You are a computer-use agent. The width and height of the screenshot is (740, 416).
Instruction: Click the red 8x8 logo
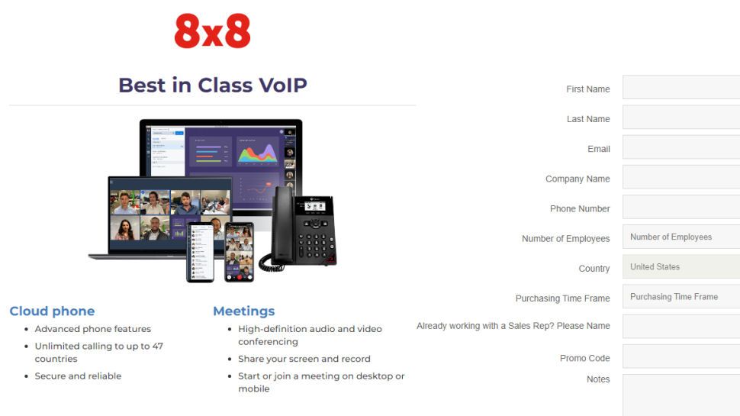[212, 32]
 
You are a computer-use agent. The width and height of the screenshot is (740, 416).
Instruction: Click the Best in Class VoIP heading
[212, 85]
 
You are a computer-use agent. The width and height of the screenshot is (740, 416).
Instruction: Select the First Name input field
[680, 88]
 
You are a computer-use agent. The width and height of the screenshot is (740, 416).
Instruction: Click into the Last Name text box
[680, 118]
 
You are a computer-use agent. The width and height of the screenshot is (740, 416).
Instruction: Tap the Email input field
[680, 147]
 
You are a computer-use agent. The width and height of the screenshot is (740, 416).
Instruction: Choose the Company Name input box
[680, 177]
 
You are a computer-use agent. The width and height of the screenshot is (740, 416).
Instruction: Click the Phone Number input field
[680, 207]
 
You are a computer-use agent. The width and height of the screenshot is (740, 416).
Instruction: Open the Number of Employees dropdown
[680, 237]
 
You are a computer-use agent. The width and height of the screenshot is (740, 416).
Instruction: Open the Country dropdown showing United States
[680, 266]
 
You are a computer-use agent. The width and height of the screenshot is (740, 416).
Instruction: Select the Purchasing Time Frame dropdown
[680, 296]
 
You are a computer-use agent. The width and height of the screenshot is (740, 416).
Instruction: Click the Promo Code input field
[680, 356]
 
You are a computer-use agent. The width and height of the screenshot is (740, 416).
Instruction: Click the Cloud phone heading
[52, 311]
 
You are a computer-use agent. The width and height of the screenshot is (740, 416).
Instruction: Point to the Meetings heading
[243, 311]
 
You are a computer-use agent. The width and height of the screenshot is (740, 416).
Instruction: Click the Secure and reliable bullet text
[78, 376]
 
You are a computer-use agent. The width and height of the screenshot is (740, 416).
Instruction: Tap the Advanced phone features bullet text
[92, 329]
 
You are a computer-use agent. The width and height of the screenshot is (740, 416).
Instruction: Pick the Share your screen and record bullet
[304, 359]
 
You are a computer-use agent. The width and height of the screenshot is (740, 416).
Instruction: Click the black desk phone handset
[282, 225]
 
